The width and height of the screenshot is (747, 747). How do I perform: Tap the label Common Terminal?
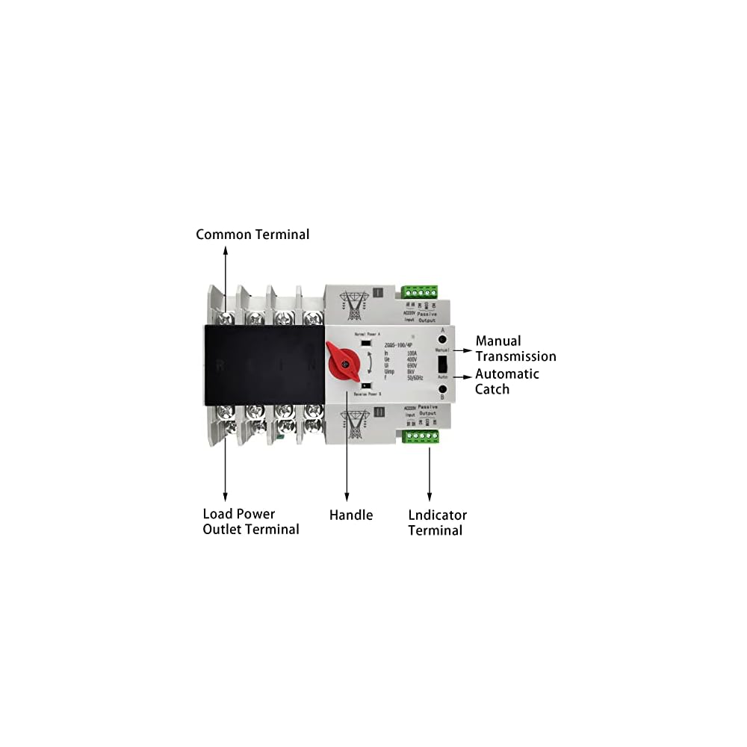pyautogui.click(x=252, y=235)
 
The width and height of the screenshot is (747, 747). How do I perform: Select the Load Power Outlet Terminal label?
pyautogui.click(x=251, y=521)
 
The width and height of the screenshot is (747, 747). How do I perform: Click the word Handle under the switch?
pyautogui.click(x=351, y=515)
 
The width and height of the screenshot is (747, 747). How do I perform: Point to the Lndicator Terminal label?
pyautogui.click(x=437, y=522)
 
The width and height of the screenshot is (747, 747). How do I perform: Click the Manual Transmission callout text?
pyautogui.click(x=515, y=349)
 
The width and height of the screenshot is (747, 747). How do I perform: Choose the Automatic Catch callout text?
pyautogui.click(x=506, y=381)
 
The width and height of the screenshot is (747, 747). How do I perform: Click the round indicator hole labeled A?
pyautogui.click(x=443, y=338)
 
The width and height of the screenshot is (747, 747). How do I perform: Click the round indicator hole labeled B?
pyautogui.click(x=443, y=389)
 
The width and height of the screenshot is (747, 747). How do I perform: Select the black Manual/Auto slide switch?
pyautogui.click(x=442, y=364)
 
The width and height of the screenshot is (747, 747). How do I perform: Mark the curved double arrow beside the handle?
pyautogui.click(x=366, y=364)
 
